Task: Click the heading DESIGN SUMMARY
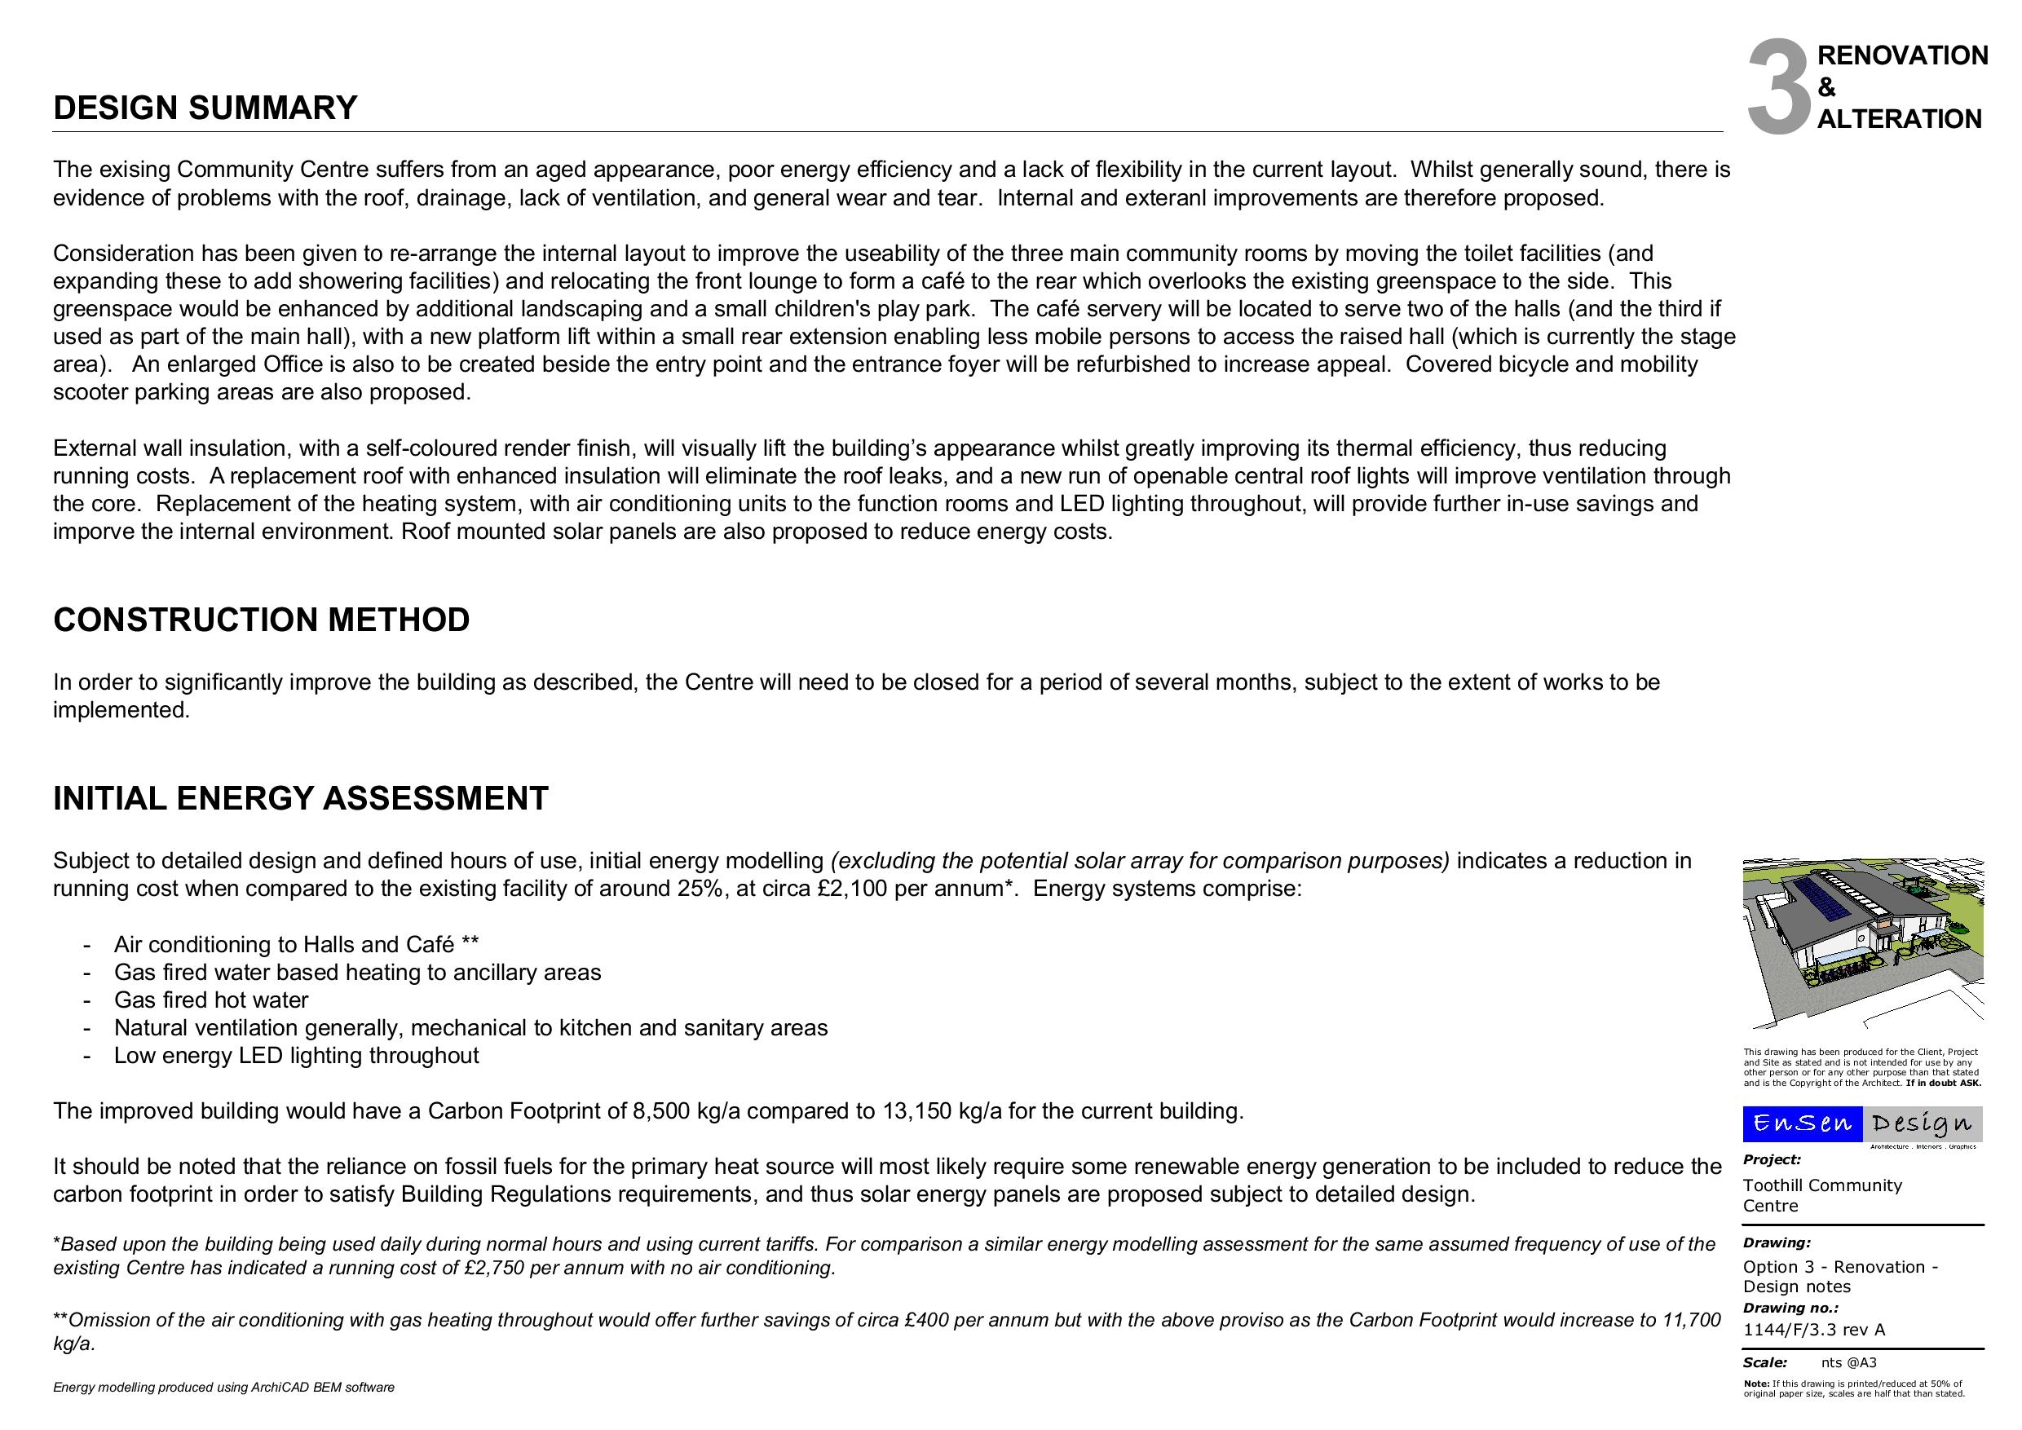pyautogui.click(x=205, y=108)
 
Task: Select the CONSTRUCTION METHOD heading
pyautogui.click(x=262, y=620)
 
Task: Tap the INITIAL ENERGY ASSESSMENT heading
pyautogui.click(x=300, y=799)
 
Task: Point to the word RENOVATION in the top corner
pyautogui.click(x=1902, y=55)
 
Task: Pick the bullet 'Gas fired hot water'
pyautogui.click(x=211, y=1000)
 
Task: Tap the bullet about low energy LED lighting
pyautogui.click(x=296, y=1056)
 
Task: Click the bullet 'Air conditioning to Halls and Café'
pyautogui.click(x=296, y=945)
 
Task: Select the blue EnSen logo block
pyautogui.click(x=1802, y=1123)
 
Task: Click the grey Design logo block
pyautogui.click(x=1923, y=1123)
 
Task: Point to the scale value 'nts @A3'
pyautogui.click(x=1848, y=1363)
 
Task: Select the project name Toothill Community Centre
pyautogui.click(x=1821, y=1196)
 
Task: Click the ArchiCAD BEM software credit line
pyautogui.click(x=223, y=1388)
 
